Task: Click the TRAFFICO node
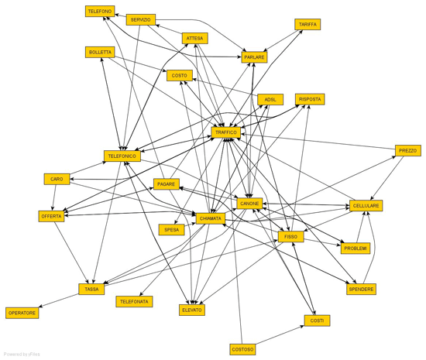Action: point(226,132)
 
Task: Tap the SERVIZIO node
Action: point(141,20)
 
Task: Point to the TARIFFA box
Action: point(307,25)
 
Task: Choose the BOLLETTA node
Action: point(100,52)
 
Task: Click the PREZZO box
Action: point(407,151)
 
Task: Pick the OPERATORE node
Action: point(22,313)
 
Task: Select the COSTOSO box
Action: point(242,349)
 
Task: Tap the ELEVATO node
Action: point(192,310)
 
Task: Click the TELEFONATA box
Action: point(134,302)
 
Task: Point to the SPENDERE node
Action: point(362,289)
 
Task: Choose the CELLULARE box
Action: point(366,205)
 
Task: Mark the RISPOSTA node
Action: point(310,99)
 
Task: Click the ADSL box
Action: point(270,100)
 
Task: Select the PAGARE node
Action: point(167,184)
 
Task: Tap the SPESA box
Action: point(172,230)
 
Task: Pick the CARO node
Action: point(57,179)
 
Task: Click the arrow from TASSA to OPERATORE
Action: point(59,300)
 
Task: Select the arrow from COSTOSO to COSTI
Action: point(280,335)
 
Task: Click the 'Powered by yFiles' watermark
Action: point(22,355)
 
